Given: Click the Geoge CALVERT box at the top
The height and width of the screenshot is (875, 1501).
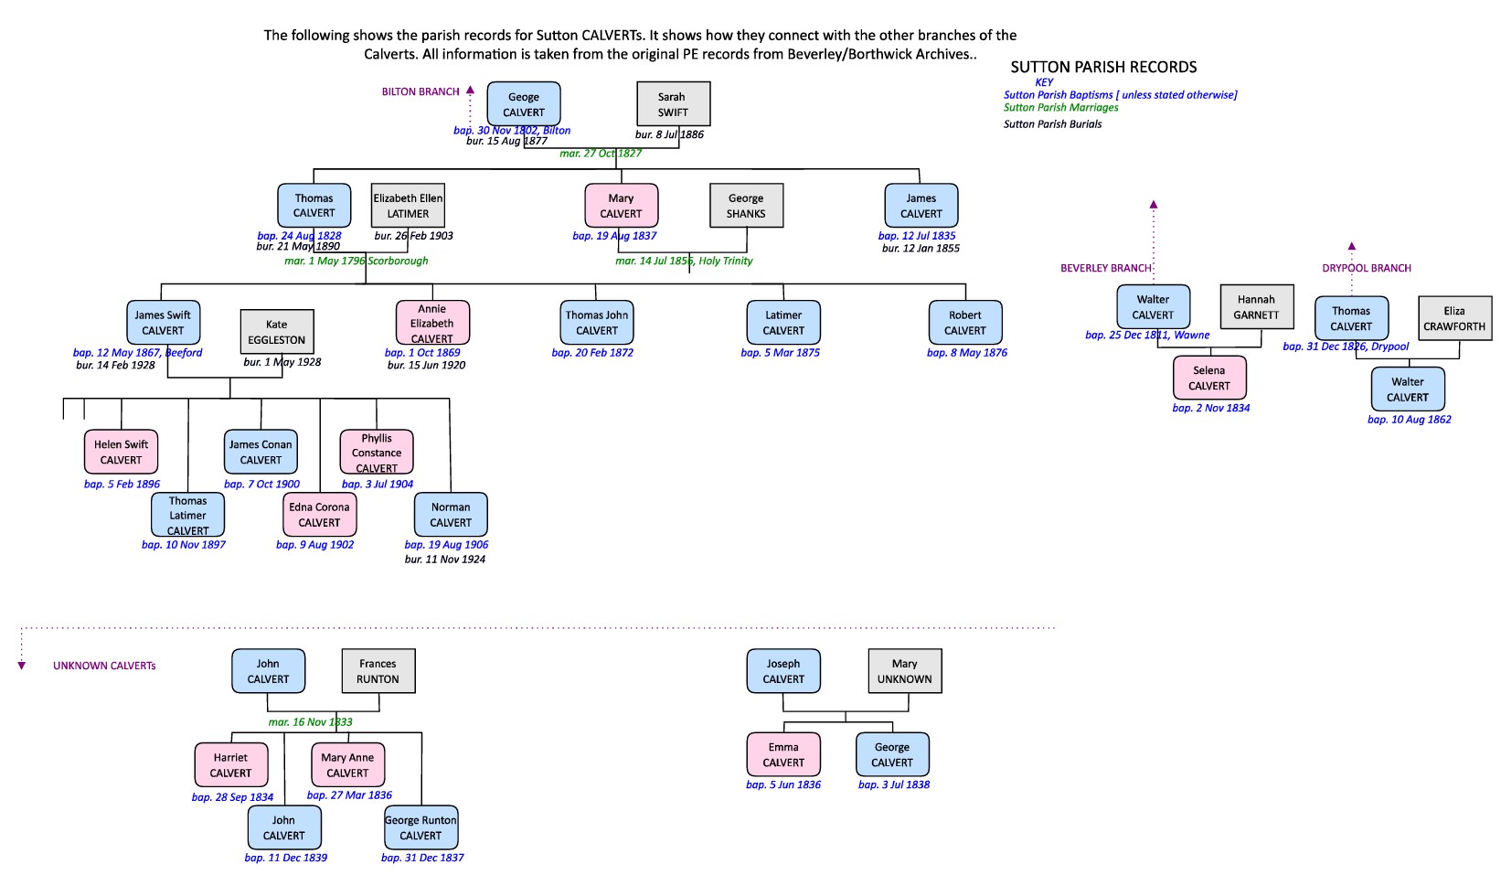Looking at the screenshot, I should coord(524,104).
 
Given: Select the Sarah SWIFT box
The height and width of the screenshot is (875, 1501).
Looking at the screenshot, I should coord(673,104).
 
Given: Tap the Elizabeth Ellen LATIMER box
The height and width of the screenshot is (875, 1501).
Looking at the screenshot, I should coord(408,206).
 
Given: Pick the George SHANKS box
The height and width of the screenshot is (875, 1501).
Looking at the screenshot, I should coord(746,206).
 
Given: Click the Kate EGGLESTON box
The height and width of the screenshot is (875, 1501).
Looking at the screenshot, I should coord(277,332).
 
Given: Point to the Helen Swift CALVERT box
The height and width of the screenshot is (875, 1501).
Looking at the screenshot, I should coord(122,452).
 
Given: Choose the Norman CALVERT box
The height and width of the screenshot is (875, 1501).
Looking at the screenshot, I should coord(451,515).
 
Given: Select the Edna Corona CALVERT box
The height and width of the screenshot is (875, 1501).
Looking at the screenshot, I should coord(319,515).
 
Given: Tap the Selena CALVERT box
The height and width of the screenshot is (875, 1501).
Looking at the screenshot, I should coord(1208,378).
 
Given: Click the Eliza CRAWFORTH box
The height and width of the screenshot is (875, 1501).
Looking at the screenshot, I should coord(1454,318).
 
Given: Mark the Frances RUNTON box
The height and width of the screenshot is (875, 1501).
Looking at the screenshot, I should coord(378,671).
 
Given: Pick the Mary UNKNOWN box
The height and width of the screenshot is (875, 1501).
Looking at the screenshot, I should coord(904,671).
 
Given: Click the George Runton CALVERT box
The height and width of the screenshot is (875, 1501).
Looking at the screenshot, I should coord(420,827).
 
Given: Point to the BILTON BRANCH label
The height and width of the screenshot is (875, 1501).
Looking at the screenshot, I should coord(420,91).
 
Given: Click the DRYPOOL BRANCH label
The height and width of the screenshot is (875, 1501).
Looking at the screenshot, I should coord(1366,268).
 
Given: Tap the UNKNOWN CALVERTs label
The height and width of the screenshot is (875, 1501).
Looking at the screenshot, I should coord(104,666).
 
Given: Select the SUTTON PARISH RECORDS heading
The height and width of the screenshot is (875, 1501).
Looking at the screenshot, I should coord(1103,67).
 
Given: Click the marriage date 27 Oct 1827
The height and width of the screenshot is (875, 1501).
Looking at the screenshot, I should coord(601,154).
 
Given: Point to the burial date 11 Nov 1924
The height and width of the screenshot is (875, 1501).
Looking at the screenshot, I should coord(445,559).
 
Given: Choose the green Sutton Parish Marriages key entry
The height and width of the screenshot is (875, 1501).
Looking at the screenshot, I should coord(1060,107).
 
